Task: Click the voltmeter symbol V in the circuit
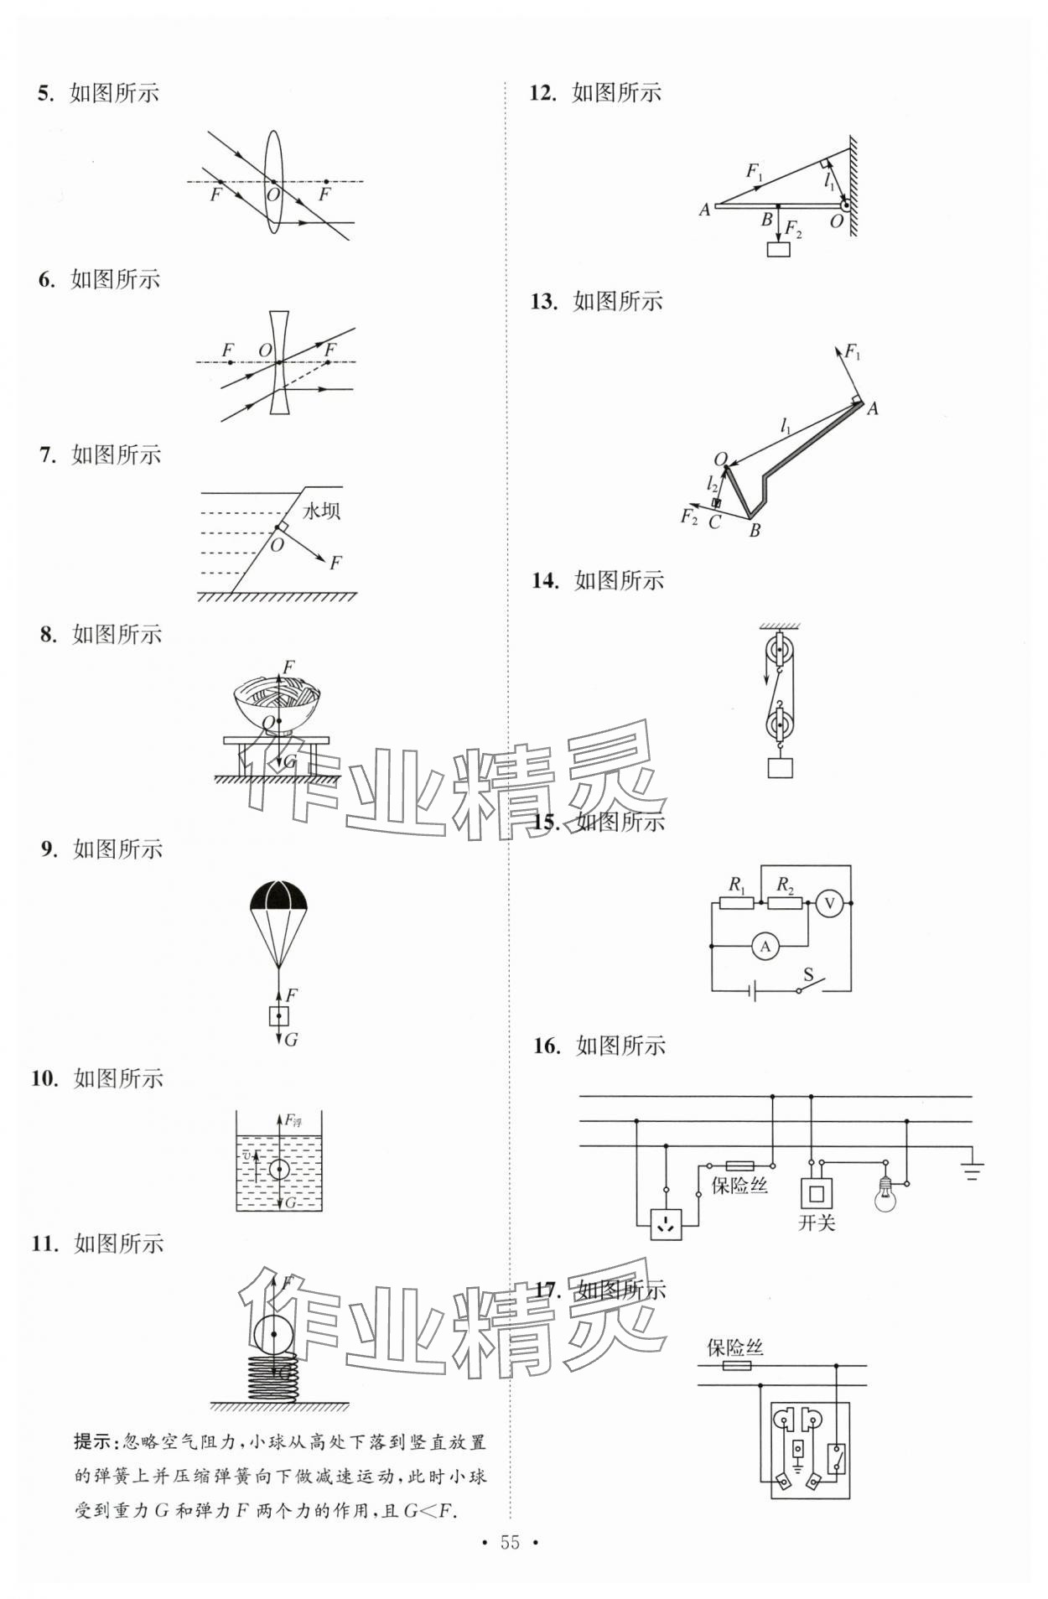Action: click(829, 903)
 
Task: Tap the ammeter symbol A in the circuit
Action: click(765, 947)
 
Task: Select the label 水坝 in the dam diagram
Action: click(321, 511)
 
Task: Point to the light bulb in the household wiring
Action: click(885, 1194)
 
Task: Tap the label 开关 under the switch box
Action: click(817, 1223)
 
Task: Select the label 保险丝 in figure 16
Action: click(739, 1185)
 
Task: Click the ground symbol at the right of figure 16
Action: click(973, 1170)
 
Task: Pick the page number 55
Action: click(510, 1542)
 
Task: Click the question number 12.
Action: click(543, 93)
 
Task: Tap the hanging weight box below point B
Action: click(779, 249)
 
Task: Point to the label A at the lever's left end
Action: click(704, 210)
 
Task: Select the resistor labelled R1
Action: click(737, 904)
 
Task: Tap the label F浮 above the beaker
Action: click(293, 1119)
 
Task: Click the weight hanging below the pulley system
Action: click(780, 767)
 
